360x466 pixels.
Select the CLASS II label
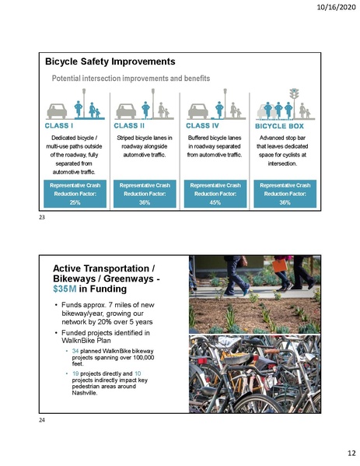coord(131,124)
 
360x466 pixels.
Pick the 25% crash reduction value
coord(75,202)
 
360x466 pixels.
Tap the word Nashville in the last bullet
coord(82,394)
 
